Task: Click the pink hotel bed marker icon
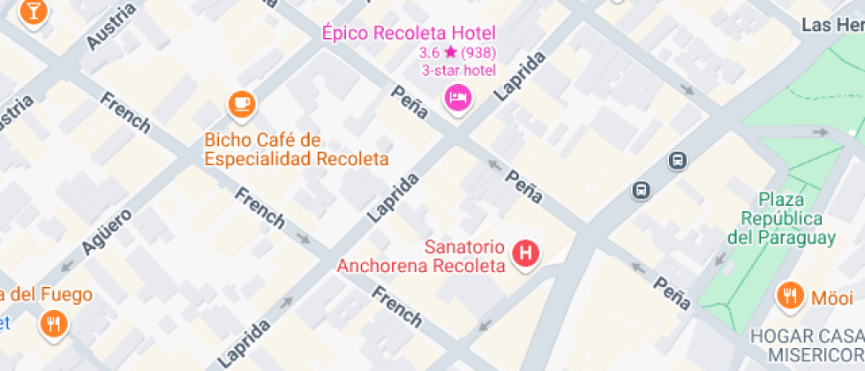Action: pos(458,96)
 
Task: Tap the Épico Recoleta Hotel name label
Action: pos(407,34)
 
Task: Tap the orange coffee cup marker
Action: pos(241,104)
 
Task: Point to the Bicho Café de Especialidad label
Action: pos(297,149)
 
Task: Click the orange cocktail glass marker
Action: pos(34,11)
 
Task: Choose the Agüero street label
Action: pos(106,231)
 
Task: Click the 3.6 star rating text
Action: pos(457,53)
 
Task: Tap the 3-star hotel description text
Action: pos(457,71)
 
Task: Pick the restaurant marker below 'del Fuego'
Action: pos(54,323)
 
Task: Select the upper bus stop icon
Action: pos(677,161)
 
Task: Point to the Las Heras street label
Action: pos(832,25)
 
